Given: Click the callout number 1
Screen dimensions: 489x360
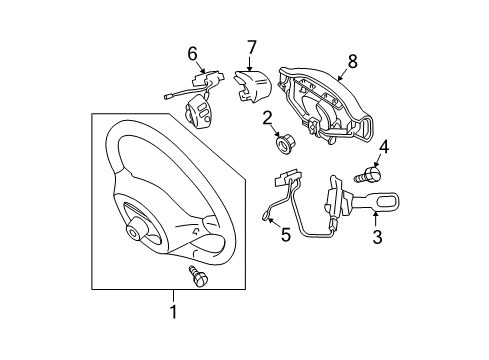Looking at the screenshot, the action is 173,311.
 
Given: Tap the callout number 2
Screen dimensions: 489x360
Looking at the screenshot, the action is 267,118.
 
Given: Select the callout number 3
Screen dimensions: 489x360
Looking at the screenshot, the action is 377,237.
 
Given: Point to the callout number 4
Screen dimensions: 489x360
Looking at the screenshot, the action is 384,147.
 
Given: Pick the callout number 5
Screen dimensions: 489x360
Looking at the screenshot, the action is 286,235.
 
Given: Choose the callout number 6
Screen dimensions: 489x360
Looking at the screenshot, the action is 192,54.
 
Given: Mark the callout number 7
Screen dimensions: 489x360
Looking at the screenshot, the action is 251,47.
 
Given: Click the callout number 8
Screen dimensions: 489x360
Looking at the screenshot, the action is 352,61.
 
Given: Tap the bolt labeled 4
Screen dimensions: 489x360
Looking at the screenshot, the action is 369,175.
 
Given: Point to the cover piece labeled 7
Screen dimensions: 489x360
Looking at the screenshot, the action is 252,86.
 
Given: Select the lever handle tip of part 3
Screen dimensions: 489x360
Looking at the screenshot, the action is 387,201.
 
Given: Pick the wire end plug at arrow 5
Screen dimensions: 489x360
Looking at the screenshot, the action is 265,217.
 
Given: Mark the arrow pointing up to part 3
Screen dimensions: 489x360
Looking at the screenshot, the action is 376,220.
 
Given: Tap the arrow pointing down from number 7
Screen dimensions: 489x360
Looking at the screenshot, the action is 250,63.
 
